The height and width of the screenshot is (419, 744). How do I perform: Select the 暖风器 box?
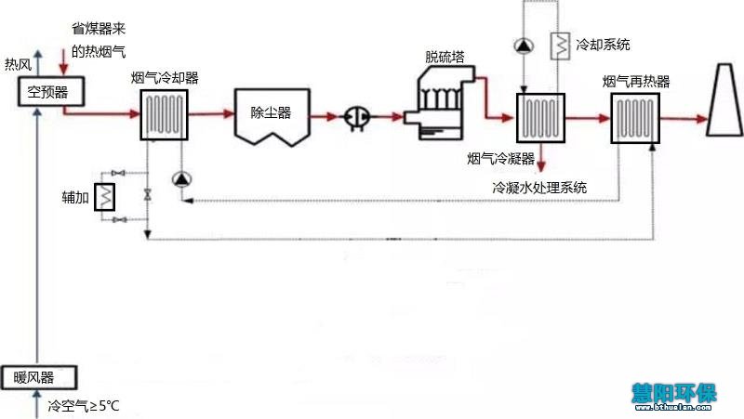click(x=35, y=377)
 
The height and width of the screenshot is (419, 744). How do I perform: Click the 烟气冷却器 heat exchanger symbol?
click(x=165, y=115)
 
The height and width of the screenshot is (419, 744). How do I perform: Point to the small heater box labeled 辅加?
click(x=107, y=196)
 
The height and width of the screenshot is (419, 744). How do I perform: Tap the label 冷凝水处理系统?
click(x=539, y=187)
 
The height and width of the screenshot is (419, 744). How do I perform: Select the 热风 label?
click(x=19, y=64)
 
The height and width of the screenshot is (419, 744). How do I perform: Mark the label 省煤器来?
click(x=99, y=33)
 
